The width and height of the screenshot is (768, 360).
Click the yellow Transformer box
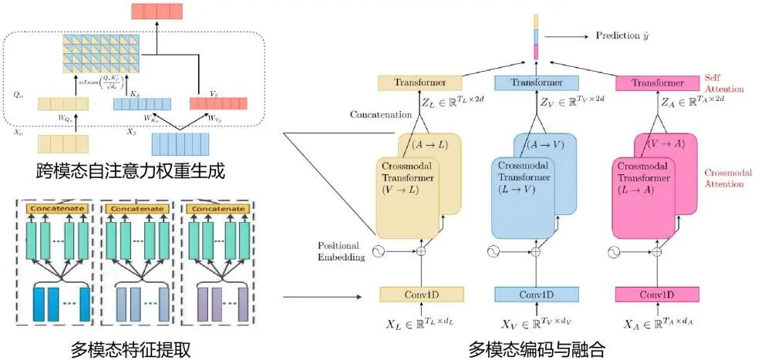click(x=419, y=83)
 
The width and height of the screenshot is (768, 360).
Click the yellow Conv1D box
click(x=421, y=294)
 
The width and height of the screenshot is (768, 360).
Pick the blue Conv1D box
click(x=536, y=294)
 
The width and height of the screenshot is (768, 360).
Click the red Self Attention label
click(x=724, y=84)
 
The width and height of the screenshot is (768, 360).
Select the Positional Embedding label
click(x=341, y=251)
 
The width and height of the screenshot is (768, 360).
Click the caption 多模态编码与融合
click(x=537, y=349)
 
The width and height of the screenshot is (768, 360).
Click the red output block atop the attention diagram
click(x=157, y=11)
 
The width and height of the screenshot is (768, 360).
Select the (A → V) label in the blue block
click(x=546, y=144)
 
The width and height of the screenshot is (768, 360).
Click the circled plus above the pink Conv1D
click(x=657, y=251)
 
